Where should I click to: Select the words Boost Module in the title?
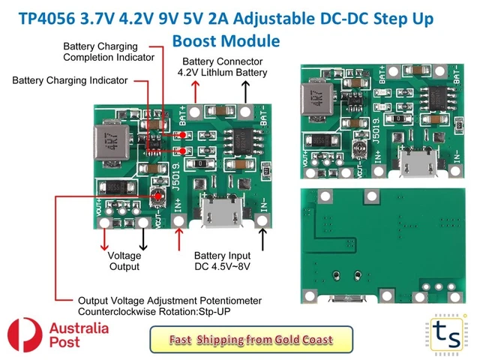(226, 40)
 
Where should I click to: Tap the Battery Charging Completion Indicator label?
(109, 51)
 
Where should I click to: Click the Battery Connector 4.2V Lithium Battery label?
(222, 66)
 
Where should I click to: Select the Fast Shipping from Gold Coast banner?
(250, 340)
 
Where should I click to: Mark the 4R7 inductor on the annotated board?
(110, 145)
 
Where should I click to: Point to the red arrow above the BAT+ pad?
(196, 91)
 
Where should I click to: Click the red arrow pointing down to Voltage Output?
(103, 239)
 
